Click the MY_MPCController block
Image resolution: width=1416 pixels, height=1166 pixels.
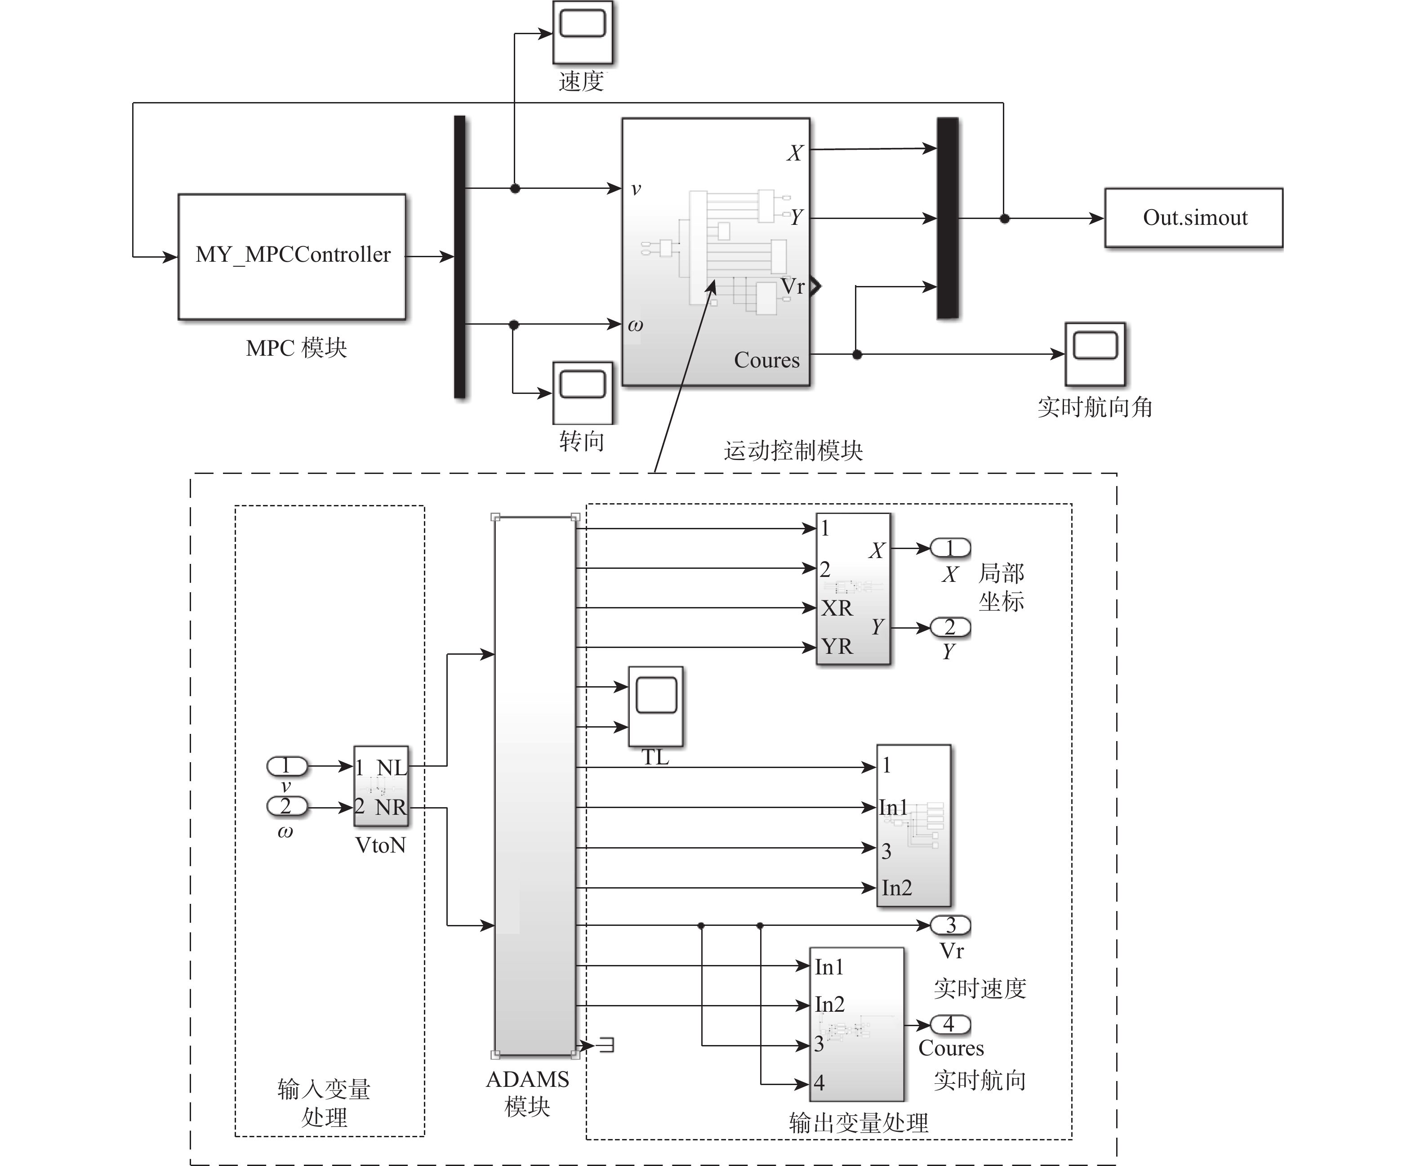tap(292, 256)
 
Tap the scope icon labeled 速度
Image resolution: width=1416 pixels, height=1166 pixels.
tap(582, 31)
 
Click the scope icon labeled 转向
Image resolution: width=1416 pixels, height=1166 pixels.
tap(582, 392)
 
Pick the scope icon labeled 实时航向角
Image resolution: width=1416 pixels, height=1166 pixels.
tap(1095, 354)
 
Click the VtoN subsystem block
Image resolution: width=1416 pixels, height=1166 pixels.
tap(381, 786)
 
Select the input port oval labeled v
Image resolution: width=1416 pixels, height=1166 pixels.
tap(287, 766)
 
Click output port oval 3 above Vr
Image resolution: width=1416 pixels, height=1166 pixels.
tap(950, 925)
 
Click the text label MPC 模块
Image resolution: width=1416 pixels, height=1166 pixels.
tap(296, 348)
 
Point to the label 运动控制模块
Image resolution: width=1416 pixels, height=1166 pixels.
tap(793, 451)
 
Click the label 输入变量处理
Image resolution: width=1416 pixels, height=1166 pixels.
tap(324, 1103)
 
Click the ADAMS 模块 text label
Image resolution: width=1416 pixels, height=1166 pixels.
tap(527, 1093)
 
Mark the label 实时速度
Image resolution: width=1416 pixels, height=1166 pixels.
tap(980, 988)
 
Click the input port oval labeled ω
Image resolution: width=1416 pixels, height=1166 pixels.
tap(287, 806)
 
